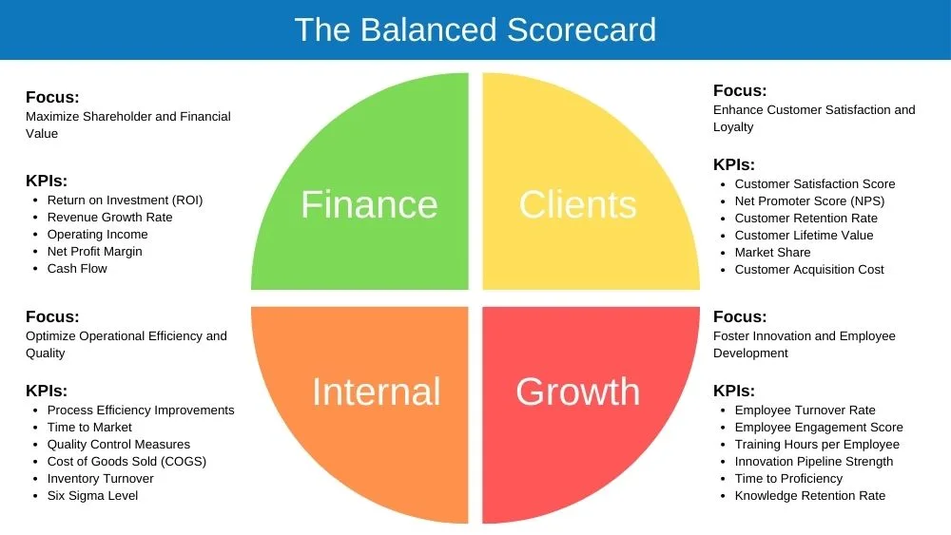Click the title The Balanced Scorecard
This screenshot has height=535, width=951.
pos(475,29)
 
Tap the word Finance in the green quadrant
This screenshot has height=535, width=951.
pos(369,204)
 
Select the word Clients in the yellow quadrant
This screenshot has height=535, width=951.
pos(577,204)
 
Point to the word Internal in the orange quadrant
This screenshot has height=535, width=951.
pos(376,392)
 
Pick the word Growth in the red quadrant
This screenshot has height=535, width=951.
pos(577,392)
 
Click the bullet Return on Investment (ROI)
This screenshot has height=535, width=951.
pos(125,201)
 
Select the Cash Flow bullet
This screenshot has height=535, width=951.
pos(77,269)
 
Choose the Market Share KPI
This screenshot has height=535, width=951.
pos(772,253)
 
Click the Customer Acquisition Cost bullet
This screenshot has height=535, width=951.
pos(809,270)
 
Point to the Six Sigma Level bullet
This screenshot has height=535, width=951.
pos(92,496)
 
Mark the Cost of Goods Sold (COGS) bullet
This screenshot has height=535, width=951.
pos(126,462)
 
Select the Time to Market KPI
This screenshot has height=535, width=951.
pos(89,428)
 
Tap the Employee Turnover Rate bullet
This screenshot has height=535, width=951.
pos(805,411)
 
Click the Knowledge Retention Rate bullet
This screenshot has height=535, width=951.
pos(809,496)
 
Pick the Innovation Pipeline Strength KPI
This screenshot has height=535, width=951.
pos(814,462)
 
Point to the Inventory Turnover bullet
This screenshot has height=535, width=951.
pos(100,479)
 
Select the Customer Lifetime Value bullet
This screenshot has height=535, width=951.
pos(804,236)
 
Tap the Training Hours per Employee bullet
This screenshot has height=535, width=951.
pos(817,445)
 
